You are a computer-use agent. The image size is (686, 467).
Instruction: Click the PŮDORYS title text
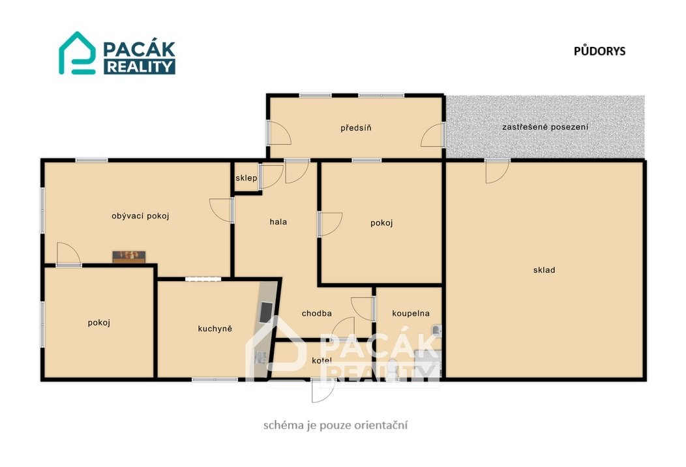click(599, 51)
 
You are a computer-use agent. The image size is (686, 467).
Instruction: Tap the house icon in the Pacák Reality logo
click(78, 53)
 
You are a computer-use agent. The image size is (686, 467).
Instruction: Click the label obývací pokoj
click(140, 216)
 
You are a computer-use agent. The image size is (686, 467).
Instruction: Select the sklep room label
click(246, 178)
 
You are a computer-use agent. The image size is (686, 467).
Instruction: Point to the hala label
click(278, 222)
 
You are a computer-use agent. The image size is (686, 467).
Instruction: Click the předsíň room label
click(356, 128)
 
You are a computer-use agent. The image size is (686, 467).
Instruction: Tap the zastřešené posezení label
click(545, 127)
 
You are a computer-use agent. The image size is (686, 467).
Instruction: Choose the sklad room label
click(544, 270)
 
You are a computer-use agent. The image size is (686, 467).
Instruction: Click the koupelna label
click(411, 313)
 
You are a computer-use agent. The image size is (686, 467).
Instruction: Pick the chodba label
click(317, 313)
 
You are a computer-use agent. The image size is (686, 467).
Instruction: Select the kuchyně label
click(215, 329)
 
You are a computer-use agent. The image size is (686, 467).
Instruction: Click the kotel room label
click(321, 361)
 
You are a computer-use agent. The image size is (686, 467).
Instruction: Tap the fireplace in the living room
click(128, 256)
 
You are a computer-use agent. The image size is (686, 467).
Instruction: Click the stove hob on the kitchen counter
click(267, 312)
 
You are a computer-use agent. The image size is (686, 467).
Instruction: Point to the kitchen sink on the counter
click(261, 358)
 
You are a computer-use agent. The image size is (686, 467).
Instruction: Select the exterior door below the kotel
click(323, 391)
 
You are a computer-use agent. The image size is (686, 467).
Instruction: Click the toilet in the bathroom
click(393, 369)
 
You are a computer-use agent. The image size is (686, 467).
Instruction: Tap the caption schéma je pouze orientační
click(336, 425)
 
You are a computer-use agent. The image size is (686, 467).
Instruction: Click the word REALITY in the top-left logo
click(140, 67)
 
